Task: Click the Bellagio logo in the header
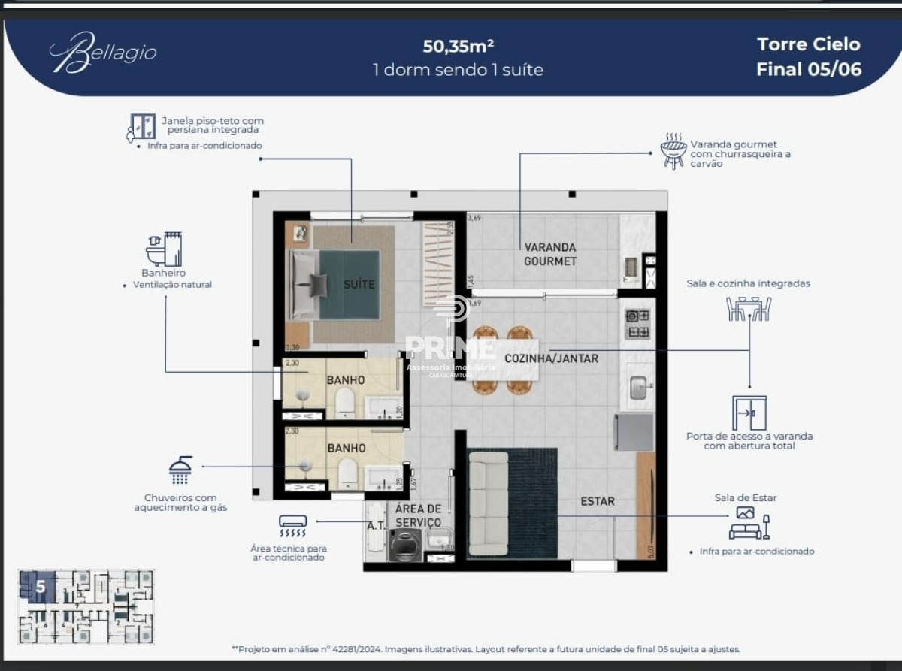point(103,53)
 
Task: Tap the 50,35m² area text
point(458,46)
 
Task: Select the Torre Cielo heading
point(808,44)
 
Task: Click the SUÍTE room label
point(359,284)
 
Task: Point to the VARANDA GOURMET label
point(550,254)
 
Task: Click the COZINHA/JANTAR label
point(551,358)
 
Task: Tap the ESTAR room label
point(597,501)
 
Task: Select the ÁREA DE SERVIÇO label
point(418,515)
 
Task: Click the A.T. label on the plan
point(376,525)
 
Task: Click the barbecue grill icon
point(673,150)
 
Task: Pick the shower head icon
point(180,470)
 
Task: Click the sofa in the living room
point(488,503)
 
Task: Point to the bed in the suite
point(334,285)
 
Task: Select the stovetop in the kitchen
point(638,323)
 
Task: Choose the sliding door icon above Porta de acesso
point(749,413)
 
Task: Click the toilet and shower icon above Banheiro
point(164,249)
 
